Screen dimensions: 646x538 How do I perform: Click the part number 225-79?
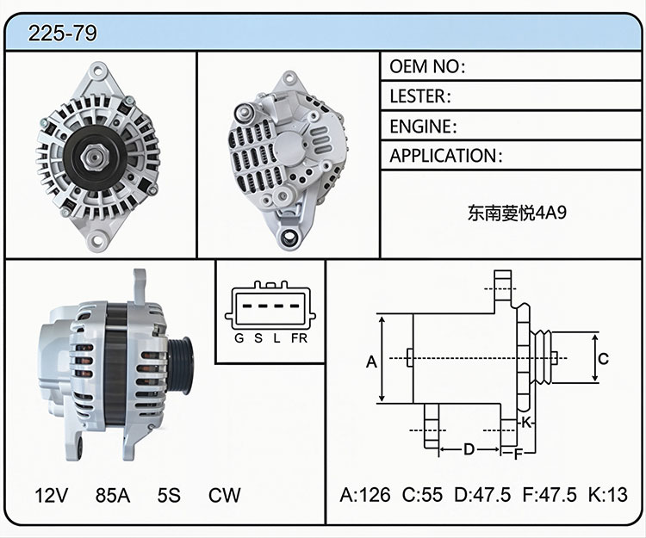(x=63, y=33)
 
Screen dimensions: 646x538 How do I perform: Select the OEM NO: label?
(x=427, y=66)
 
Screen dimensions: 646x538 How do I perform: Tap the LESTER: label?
(x=420, y=96)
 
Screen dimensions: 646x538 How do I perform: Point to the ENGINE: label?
(x=423, y=127)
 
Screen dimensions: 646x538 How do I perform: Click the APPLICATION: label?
(x=446, y=156)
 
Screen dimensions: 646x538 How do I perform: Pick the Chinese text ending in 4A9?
(x=517, y=213)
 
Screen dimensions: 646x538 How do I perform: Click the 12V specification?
(x=51, y=495)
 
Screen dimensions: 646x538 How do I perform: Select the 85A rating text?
(x=113, y=495)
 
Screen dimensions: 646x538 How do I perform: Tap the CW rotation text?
(x=224, y=495)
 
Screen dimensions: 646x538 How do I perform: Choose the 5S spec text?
(x=169, y=495)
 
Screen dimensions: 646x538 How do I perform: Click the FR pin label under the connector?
(x=299, y=338)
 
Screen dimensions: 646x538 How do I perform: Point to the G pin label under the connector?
(x=239, y=338)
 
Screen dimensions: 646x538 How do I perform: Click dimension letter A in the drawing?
(x=371, y=362)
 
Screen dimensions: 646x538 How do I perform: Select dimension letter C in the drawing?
(x=603, y=359)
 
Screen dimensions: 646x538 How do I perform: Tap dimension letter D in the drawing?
(x=469, y=449)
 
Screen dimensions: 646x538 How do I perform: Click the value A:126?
(x=365, y=495)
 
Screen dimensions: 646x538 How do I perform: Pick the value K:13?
(x=608, y=495)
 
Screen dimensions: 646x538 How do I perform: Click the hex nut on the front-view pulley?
(x=95, y=158)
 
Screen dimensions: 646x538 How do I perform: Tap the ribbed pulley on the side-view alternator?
(x=181, y=365)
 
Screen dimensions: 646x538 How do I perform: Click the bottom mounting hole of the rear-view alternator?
(x=290, y=237)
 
